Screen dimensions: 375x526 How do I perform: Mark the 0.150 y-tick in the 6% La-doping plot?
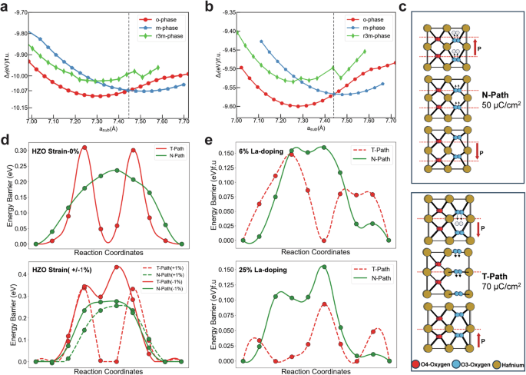(224, 153)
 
